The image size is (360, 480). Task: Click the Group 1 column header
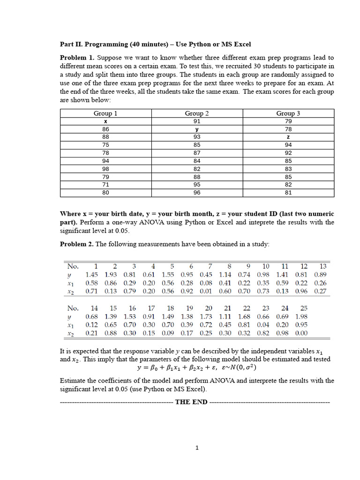(105, 113)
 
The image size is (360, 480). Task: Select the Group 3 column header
(288, 113)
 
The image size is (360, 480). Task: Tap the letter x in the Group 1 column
(105, 121)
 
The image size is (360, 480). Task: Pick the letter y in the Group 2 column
(197, 129)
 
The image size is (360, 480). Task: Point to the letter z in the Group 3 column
(288, 137)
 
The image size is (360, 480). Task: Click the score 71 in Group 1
(105, 185)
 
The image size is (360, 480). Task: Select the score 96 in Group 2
(197, 193)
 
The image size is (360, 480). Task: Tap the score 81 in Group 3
(288, 193)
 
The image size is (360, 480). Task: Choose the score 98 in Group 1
(105, 169)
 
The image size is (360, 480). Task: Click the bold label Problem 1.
(77, 58)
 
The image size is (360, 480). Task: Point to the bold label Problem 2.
(77, 244)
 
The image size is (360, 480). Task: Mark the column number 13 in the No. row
(322, 266)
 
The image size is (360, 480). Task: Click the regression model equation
(197, 368)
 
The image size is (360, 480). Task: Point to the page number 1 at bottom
(197, 448)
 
